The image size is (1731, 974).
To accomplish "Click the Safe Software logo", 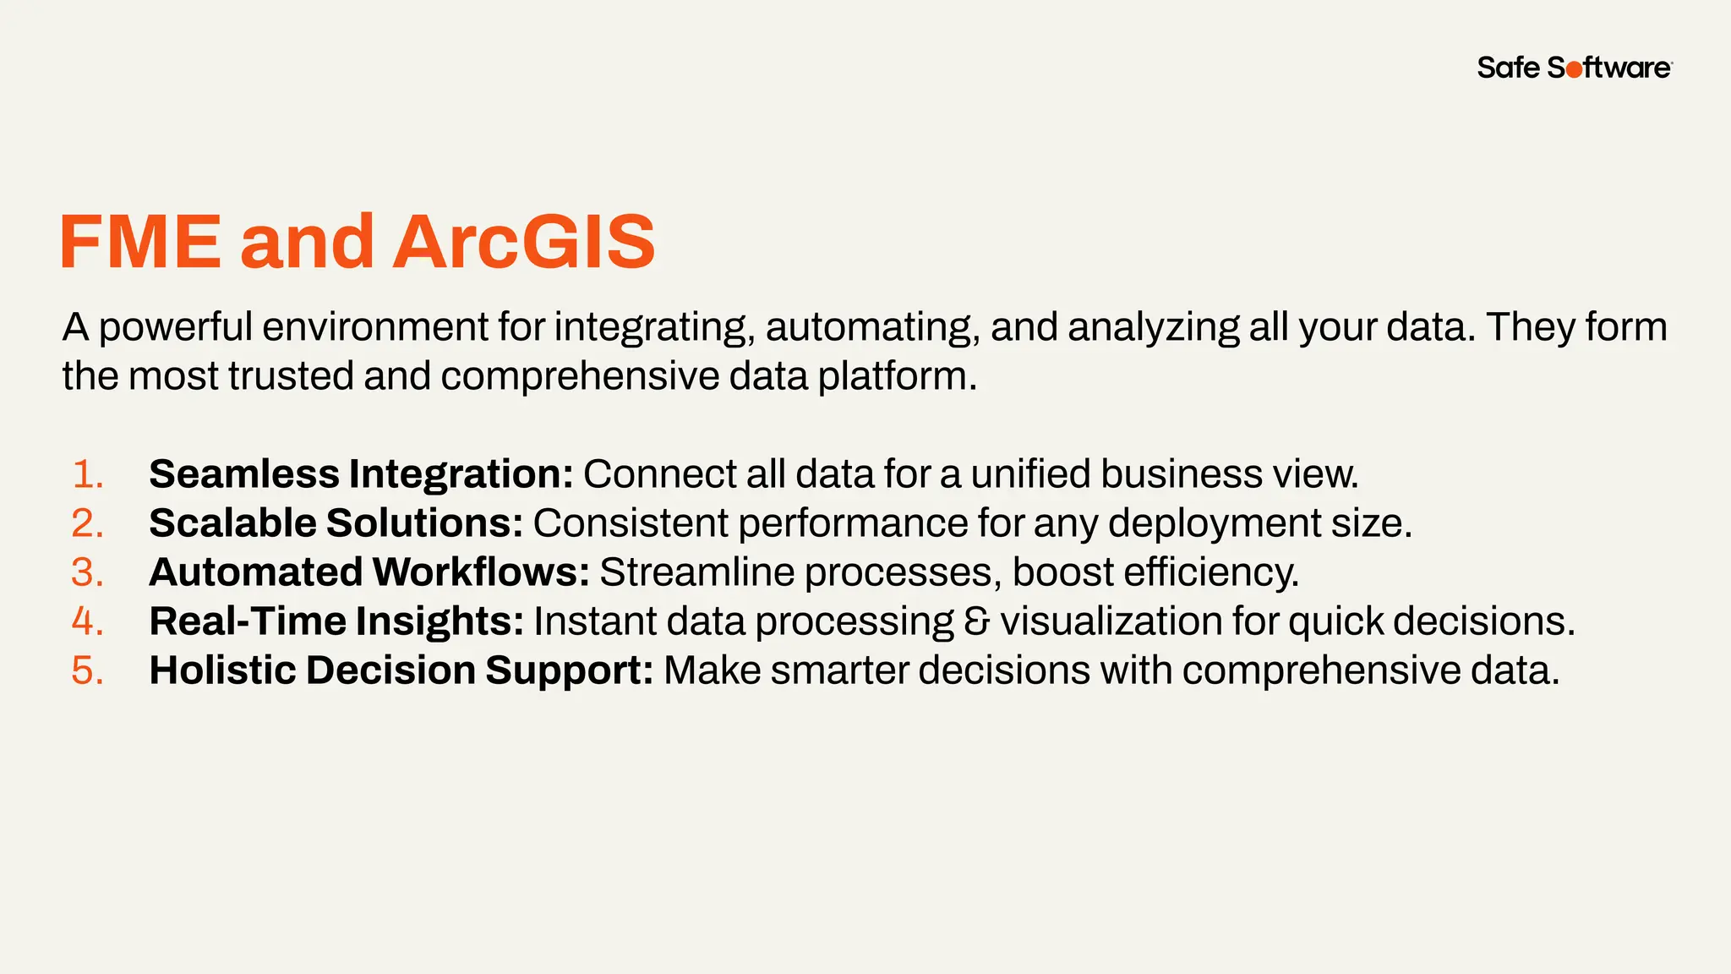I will coord(1574,68).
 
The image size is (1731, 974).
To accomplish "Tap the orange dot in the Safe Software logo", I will coord(1574,70).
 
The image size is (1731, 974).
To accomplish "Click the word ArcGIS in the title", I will coord(524,242).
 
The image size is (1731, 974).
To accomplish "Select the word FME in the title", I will coord(140,242).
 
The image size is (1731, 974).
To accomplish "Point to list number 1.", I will coord(87,474).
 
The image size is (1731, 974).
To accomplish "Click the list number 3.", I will coord(87,572).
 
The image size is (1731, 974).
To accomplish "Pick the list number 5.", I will coord(87,670).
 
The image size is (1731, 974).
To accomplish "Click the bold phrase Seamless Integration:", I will coord(361,474).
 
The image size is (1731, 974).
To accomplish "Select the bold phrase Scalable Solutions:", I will coord(336,523).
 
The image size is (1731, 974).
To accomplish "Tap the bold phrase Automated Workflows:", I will coord(369,572).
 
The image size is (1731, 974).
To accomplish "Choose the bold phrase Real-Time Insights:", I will coord(336,621).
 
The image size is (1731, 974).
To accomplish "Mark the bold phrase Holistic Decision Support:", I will coord(401,670).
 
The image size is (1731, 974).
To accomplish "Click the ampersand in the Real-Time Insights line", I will coord(976,621).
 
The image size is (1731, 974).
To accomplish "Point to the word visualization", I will coord(1111,621).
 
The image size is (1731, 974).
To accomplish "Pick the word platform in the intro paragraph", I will coord(896,376).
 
